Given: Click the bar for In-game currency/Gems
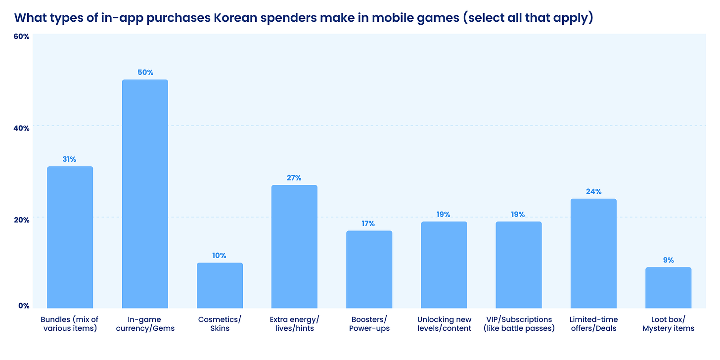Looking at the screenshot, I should pyautogui.click(x=145, y=194).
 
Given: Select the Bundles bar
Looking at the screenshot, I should pyautogui.click(x=70, y=237).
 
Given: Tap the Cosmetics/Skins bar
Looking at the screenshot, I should pyautogui.click(x=220, y=285).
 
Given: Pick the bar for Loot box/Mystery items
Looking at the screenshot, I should pyautogui.click(x=669, y=288).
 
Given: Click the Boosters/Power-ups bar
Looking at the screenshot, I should pyautogui.click(x=369, y=270).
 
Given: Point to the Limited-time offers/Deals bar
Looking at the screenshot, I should pyautogui.click(x=593, y=254).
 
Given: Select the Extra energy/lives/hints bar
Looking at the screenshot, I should pyautogui.click(x=294, y=247).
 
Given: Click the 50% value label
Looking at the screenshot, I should pyautogui.click(x=145, y=72).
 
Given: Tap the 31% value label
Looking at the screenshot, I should pyautogui.click(x=69, y=159).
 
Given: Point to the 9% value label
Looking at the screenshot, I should pyautogui.click(x=669, y=260).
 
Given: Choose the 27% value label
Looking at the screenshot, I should pyautogui.click(x=294, y=178).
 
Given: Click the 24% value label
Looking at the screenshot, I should pyautogui.click(x=593, y=191).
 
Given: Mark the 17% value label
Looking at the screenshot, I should pyautogui.click(x=368, y=224).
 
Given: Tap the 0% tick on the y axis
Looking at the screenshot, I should pyautogui.click(x=24, y=306).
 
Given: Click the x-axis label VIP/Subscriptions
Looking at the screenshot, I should pyautogui.click(x=518, y=319).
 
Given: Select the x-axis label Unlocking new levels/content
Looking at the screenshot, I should pyautogui.click(x=444, y=324).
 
